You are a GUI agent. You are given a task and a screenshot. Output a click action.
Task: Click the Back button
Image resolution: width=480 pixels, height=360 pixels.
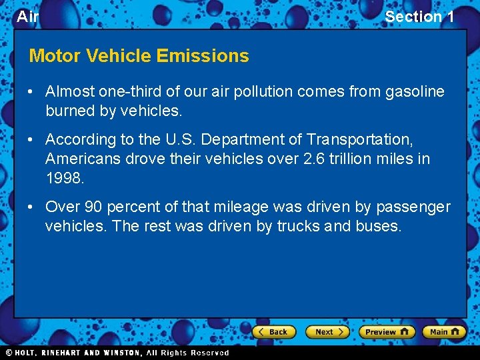[273, 331]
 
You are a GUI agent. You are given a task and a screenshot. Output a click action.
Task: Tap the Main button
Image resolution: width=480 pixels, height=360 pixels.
[444, 331]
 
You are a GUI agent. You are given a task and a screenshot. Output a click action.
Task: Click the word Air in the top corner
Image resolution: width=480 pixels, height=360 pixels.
[27, 17]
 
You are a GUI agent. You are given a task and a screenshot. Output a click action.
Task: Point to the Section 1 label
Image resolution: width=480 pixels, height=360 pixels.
[419, 17]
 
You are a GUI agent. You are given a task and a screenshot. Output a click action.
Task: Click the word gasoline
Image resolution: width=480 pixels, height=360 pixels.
[415, 92]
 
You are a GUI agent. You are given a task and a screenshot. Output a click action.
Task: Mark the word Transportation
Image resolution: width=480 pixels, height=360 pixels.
[360, 140]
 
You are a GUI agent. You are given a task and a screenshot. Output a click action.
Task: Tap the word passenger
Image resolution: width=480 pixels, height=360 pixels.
[413, 207]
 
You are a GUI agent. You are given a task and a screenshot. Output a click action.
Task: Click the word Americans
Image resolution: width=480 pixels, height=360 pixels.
[83, 159]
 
